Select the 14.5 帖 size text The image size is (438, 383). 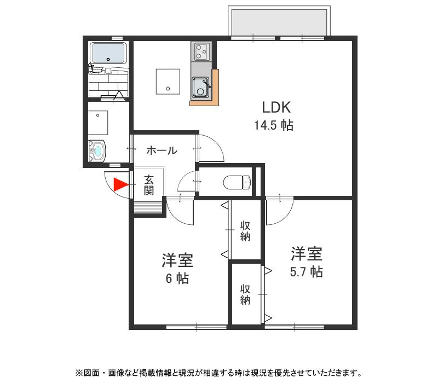click(x=273, y=125)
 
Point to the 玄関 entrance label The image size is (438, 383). click(x=149, y=185)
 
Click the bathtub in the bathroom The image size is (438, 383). click(x=109, y=54)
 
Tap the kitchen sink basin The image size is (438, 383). click(x=200, y=86)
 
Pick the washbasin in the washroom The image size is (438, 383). click(x=97, y=150)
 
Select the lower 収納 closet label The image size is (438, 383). click(x=245, y=294)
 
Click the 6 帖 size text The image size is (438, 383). click(x=177, y=278)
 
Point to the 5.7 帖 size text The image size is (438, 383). click(x=306, y=271)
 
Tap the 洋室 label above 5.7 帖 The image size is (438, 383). click(x=306, y=254)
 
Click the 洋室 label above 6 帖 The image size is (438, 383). click(x=177, y=260)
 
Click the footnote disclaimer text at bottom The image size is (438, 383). click(x=219, y=373)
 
